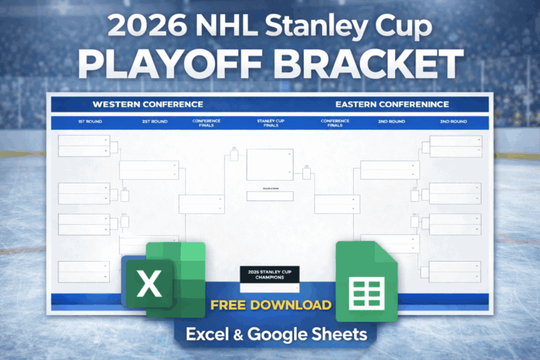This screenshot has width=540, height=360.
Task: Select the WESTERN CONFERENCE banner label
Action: point(148,105)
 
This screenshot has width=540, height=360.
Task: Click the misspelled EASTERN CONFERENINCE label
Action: point(392,105)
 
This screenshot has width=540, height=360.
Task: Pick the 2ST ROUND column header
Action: point(155,122)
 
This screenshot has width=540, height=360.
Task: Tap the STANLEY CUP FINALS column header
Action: point(270,123)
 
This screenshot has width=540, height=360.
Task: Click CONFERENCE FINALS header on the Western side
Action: point(206,123)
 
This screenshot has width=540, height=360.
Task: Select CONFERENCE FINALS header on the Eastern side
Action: point(335,123)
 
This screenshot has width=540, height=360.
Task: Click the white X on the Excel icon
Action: point(148,283)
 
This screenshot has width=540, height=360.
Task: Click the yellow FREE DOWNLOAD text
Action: point(270,305)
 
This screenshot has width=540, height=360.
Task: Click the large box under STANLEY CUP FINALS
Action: point(269,165)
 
